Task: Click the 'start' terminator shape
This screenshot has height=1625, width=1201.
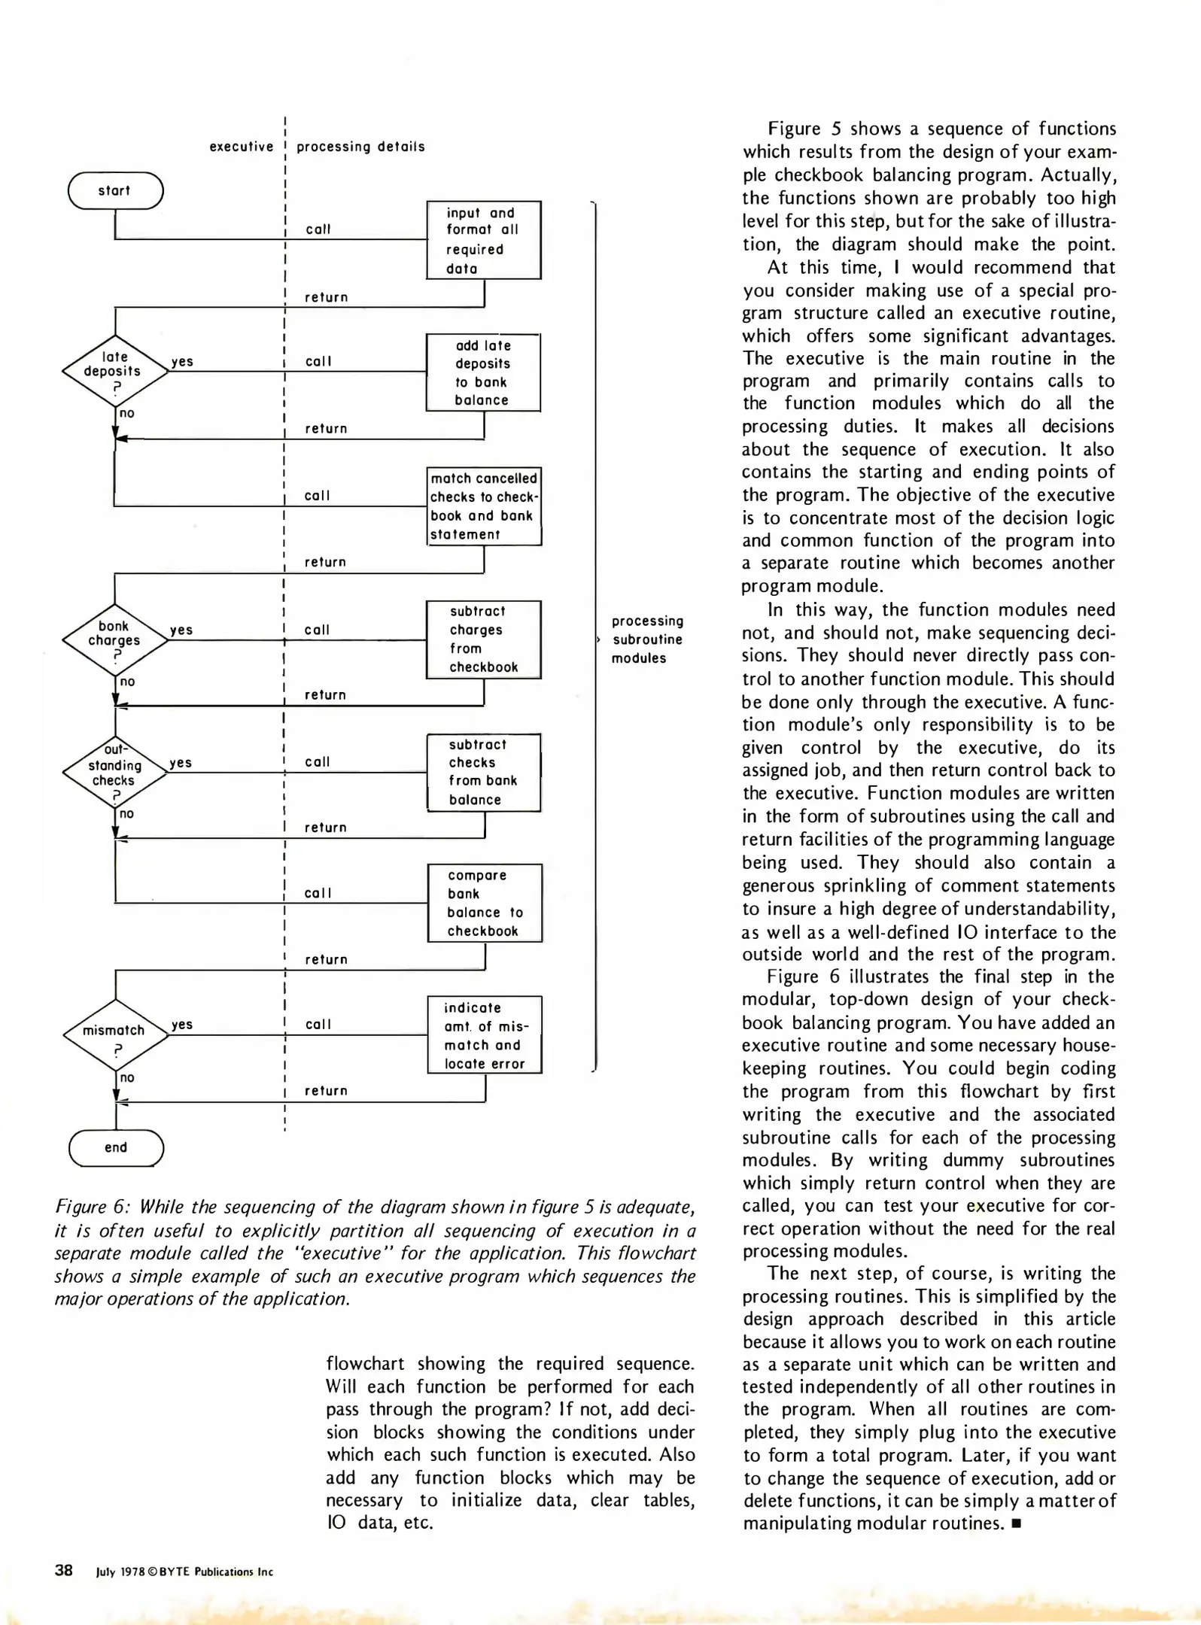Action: point(115,191)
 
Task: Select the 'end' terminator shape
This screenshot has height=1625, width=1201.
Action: point(115,1147)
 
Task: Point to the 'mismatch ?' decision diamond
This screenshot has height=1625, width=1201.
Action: point(115,1035)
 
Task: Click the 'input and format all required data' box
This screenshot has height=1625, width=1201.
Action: point(483,240)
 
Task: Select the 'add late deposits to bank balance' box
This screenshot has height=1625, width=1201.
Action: point(483,372)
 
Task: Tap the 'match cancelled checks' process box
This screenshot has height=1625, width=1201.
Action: point(484,506)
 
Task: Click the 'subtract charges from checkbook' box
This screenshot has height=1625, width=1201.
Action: point(483,639)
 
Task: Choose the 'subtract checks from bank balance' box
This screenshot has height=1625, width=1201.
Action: point(483,772)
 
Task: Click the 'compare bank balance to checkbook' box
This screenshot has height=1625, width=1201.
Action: point(484,903)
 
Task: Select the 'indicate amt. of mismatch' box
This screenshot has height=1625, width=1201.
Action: point(484,1035)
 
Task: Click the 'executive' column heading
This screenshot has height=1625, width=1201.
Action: point(241,147)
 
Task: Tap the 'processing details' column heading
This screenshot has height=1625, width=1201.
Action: point(360,147)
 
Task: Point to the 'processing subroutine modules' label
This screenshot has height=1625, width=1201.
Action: point(646,639)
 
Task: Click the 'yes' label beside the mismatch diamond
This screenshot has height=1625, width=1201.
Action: point(182,1024)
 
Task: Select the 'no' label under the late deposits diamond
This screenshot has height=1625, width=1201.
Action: point(127,413)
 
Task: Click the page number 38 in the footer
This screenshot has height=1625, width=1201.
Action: point(64,1570)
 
